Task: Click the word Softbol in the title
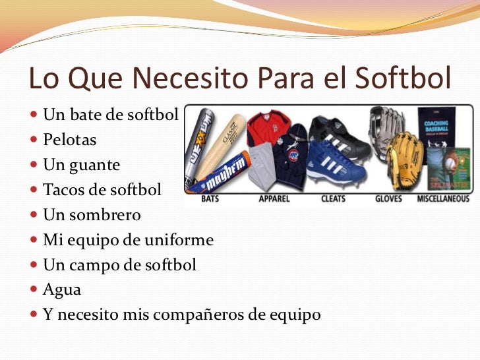click(403, 78)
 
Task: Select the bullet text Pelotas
click(69, 140)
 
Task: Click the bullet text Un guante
click(81, 165)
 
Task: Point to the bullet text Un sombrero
click(92, 215)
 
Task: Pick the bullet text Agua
click(61, 289)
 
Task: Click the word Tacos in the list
click(61, 190)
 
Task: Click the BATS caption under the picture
click(210, 198)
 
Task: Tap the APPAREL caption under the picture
click(274, 198)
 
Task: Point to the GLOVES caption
click(389, 198)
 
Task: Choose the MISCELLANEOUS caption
click(443, 198)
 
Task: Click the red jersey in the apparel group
click(268, 128)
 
